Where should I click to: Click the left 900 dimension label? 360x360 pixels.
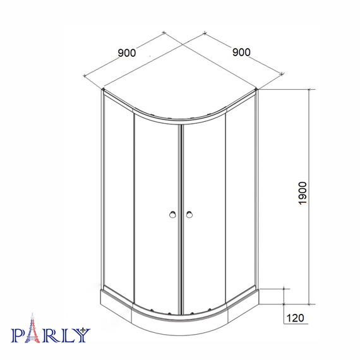click(127, 53)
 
